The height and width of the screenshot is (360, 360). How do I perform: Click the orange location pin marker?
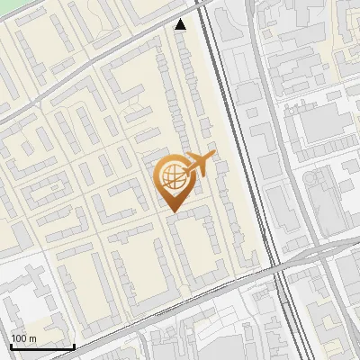coord(173,180)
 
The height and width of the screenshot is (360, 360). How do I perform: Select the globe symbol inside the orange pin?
coord(172,176)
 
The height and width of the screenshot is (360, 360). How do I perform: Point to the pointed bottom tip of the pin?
coord(173,211)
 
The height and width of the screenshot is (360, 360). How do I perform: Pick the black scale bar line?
coord(42,346)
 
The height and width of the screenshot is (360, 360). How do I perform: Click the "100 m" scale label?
coord(22,338)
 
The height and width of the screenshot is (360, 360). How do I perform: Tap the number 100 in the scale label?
coord(19,338)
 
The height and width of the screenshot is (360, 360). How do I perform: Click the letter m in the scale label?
coord(31,338)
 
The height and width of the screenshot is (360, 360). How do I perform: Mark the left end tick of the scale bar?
coord(11,345)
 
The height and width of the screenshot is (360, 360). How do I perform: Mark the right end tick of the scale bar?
coord(74,345)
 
